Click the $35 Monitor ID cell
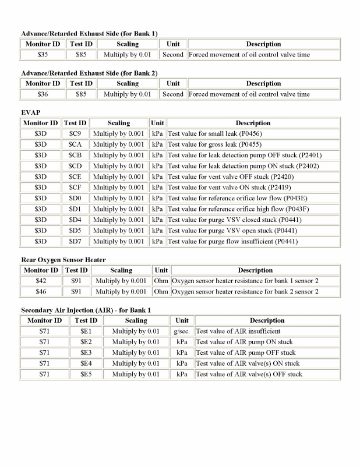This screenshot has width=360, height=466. click(x=44, y=55)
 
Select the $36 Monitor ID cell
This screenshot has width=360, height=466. click(x=44, y=94)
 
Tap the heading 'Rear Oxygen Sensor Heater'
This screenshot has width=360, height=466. click(x=63, y=260)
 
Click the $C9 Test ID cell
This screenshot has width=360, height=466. click(x=75, y=134)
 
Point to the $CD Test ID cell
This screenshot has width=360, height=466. click(x=76, y=166)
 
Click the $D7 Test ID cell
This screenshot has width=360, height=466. click(x=76, y=241)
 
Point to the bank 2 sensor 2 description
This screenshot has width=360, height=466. click(x=245, y=291)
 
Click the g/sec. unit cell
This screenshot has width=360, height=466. click(x=182, y=331)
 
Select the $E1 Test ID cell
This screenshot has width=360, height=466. click(x=86, y=331)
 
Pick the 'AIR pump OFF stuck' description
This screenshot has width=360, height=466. click(x=245, y=352)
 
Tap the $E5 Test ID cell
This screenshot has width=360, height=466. click(x=86, y=374)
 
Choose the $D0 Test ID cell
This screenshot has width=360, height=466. click(x=76, y=198)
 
